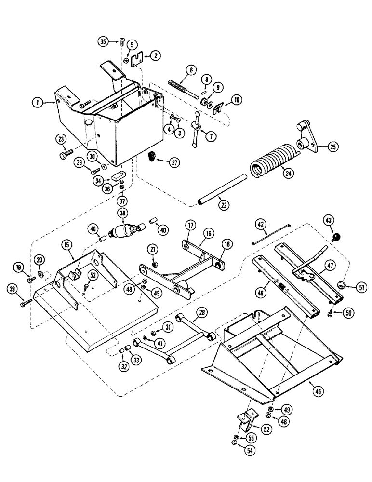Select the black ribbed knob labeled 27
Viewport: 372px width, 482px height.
[x=152, y=157]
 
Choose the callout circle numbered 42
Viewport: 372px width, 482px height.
[x=261, y=224]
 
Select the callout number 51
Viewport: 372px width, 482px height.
[x=361, y=288]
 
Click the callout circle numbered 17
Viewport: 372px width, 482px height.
[x=191, y=225]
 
